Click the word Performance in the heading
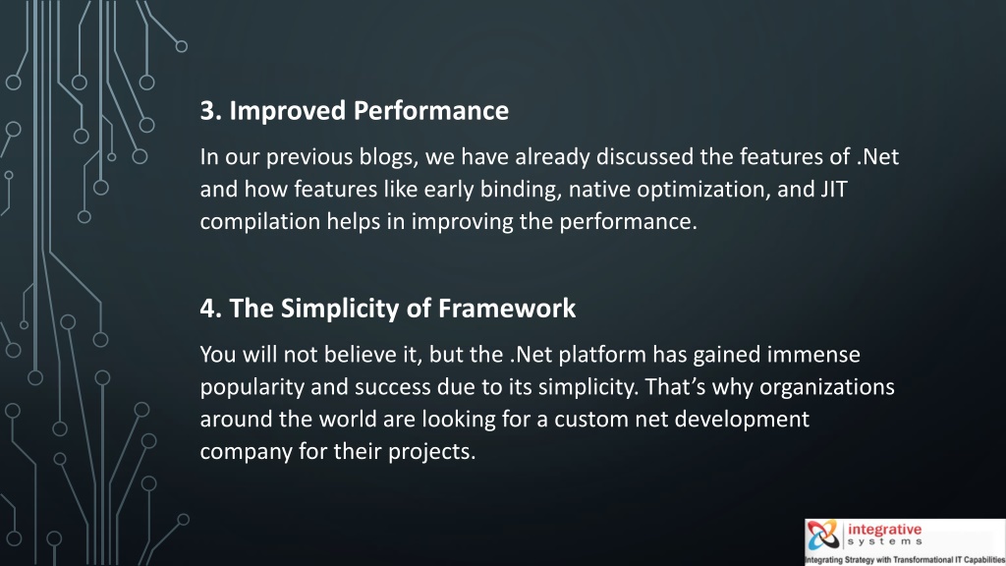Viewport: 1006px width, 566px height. pyautogui.click(x=431, y=111)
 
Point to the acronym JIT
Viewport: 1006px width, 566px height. pyautogui.click(x=834, y=190)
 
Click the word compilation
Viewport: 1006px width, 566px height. pyautogui.click(x=259, y=222)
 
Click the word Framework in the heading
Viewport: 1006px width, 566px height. pyautogui.click(x=507, y=309)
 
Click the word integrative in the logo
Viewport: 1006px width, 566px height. pyautogui.click(x=885, y=530)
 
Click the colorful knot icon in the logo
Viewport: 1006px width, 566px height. pyautogui.click(x=823, y=535)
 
